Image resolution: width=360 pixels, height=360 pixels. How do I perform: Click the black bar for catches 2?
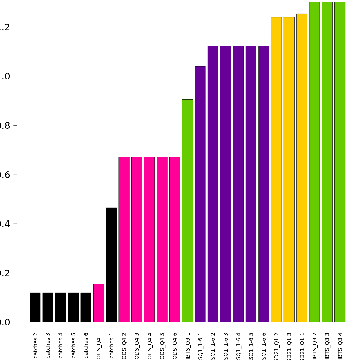pyautogui.click(x=35, y=307)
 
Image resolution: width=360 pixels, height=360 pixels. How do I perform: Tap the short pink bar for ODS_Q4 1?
pyautogui.click(x=99, y=303)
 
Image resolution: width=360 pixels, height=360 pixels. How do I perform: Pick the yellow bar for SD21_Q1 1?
pyautogui.click(x=302, y=168)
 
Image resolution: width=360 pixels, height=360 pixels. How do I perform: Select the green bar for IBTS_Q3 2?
pyautogui.click(x=314, y=162)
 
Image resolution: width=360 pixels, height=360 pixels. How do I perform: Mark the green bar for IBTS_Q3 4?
pyautogui.click(x=340, y=162)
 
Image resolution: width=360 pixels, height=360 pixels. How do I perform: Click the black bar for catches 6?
pyautogui.click(x=86, y=307)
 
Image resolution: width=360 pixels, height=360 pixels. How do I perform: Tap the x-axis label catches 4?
pyautogui.click(x=61, y=348)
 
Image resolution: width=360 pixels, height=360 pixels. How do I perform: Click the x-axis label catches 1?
pyautogui.click(x=112, y=348)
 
